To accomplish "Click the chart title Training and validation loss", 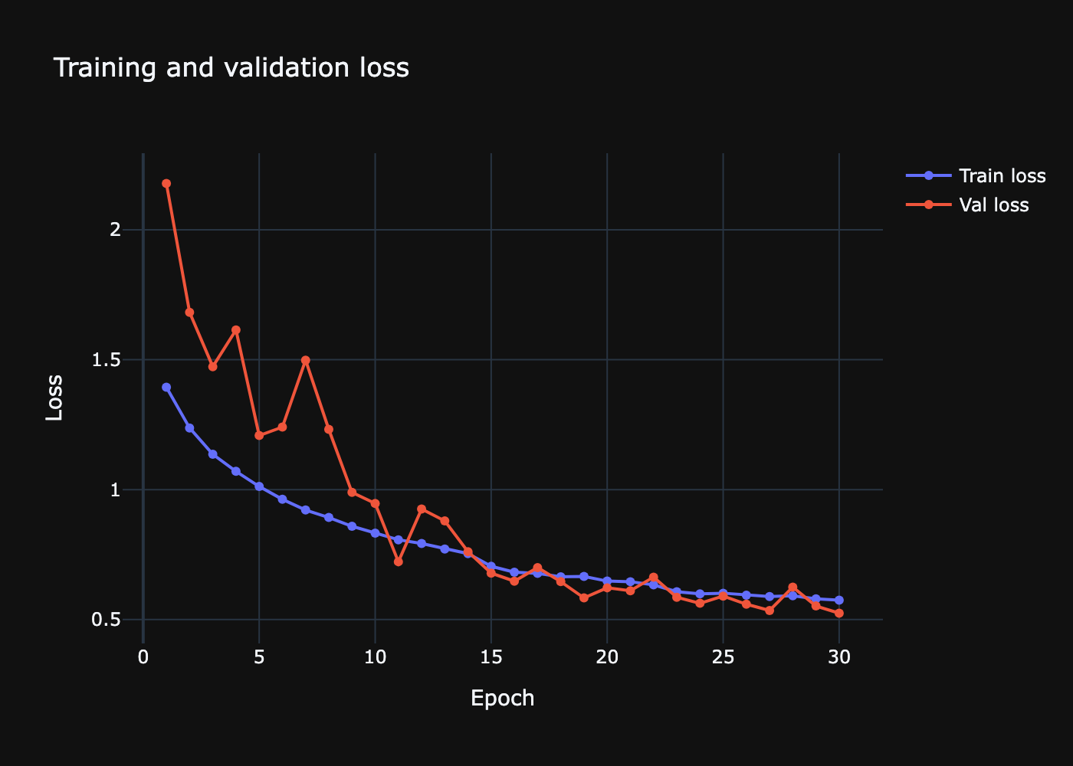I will pyautogui.click(x=231, y=68).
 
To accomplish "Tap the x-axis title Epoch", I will pyautogui.click(x=502, y=698).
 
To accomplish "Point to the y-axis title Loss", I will pyautogui.click(x=54, y=398).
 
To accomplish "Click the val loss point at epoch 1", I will pyautogui.click(x=166, y=184).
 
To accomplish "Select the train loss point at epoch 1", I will pyautogui.click(x=166, y=388).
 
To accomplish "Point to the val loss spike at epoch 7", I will pyautogui.click(x=306, y=360).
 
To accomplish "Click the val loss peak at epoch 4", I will pyautogui.click(x=236, y=330).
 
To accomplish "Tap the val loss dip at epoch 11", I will pyautogui.click(x=399, y=561).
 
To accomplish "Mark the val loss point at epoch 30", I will pyautogui.click(x=839, y=613).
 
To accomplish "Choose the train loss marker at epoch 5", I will pyautogui.click(x=259, y=486).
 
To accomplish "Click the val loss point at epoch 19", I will pyautogui.click(x=584, y=597).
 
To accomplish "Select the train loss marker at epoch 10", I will pyautogui.click(x=375, y=532).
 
